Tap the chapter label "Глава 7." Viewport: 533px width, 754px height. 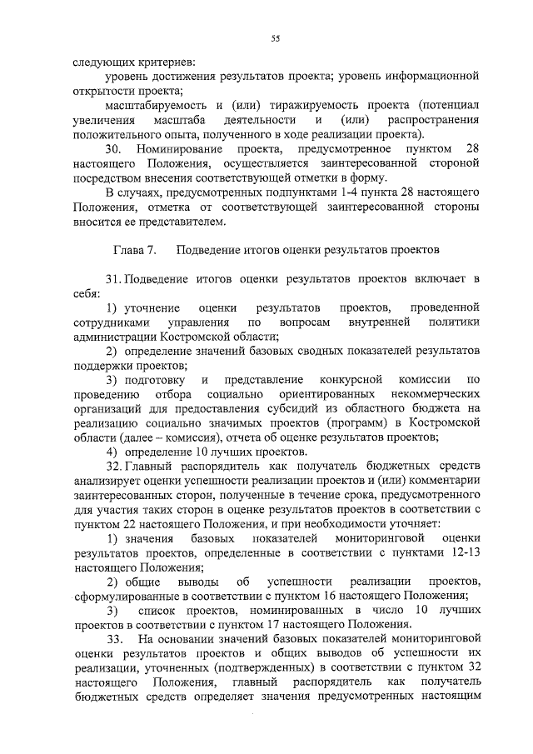click(x=127, y=249)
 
